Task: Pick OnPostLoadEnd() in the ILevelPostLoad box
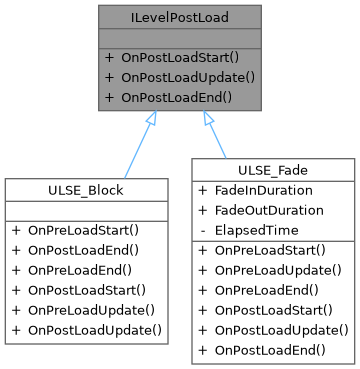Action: click(175, 97)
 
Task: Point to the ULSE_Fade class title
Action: click(274, 170)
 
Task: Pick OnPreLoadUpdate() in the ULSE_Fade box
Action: click(280, 270)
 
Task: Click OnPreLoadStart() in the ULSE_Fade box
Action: click(272, 250)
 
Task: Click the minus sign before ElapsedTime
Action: click(202, 230)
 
